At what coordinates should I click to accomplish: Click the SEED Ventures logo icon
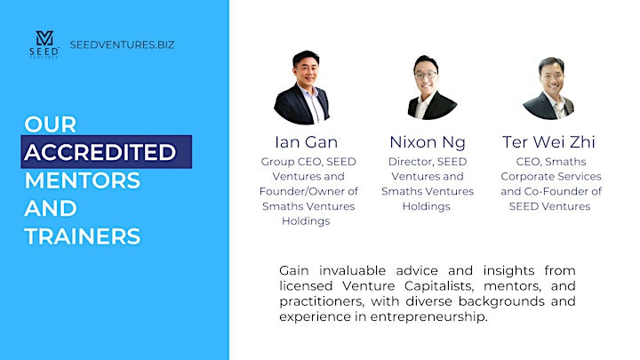tap(44, 44)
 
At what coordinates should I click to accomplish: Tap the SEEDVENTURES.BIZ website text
tap(122, 44)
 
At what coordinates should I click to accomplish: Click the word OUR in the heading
tap(50, 124)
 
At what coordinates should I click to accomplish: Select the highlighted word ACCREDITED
tap(100, 152)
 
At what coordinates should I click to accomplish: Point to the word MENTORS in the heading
tap(83, 180)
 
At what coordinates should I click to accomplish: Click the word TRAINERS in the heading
tap(83, 236)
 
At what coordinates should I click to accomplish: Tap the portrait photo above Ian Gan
tap(302, 87)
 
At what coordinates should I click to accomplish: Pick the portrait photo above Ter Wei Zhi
tap(549, 88)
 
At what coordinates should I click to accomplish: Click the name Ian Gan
tap(306, 142)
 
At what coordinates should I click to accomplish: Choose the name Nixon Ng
tap(428, 142)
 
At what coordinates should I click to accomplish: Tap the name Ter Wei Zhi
tap(548, 142)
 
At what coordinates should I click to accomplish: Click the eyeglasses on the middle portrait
tap(425, 76)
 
